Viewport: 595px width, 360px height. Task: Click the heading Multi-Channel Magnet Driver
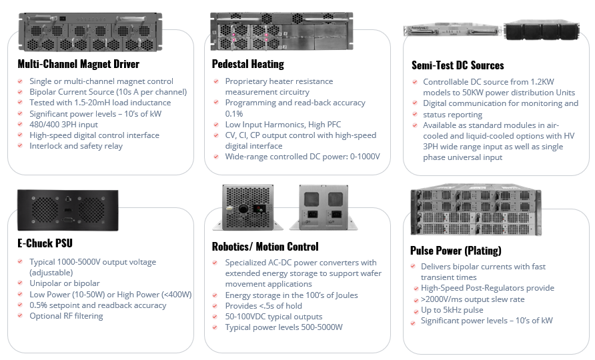tap(78, 64)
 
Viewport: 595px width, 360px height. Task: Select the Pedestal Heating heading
tap(247, 64)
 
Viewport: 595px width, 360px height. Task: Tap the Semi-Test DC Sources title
tap(458, 65)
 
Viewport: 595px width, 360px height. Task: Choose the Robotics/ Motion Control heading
tap(265, 246)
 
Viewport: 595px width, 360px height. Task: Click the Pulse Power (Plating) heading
tap(456, 251)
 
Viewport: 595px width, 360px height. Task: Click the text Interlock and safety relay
tap(76, 146)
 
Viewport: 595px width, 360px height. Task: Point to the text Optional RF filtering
tap(66, 316)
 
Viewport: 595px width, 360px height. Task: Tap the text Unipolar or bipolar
tap(65, 283)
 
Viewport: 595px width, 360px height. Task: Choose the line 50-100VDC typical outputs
tap(273, 317)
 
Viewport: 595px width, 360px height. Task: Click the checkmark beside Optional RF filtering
tap(21, 316)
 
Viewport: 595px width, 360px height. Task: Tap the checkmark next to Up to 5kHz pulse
tap(414, 310)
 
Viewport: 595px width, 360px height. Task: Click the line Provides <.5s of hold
tap(263, 306)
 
